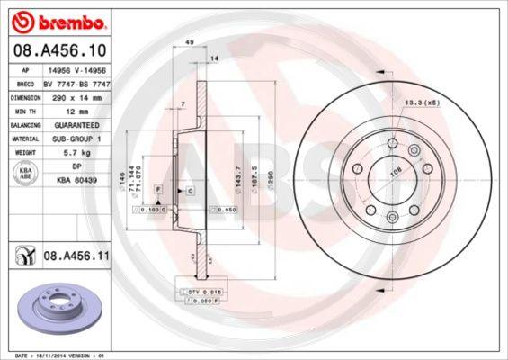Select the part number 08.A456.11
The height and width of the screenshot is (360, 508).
(76, 256)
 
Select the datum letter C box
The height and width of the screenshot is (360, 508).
(191, 190)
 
